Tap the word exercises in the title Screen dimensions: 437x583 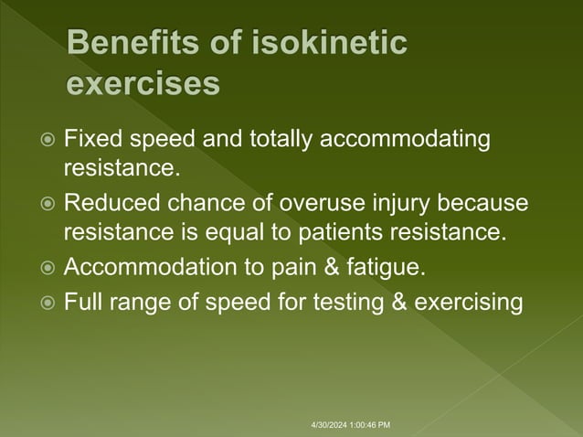tap(144, 84)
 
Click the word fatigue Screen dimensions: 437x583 tap(388, 268)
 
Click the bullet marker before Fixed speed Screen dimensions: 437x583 tap(48, 141)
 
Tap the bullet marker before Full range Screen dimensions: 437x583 tap(48, 302)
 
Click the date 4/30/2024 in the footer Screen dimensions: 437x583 tap(326, 425)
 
